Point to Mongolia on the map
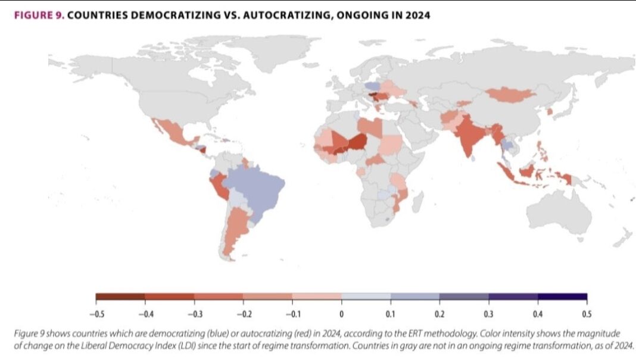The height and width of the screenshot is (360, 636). tap(511, 94)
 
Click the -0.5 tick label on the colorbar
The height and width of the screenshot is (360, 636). tap(96, 313)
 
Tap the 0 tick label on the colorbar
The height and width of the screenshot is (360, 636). tap(341, 313)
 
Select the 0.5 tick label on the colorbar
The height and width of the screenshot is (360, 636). tap(587, 313)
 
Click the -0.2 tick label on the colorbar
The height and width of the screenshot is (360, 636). tap(243, 313)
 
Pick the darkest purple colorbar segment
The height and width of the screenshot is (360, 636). tap(562, 296)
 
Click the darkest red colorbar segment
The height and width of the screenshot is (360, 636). tap(120, 296)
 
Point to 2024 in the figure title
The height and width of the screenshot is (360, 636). tap(417, 15)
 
